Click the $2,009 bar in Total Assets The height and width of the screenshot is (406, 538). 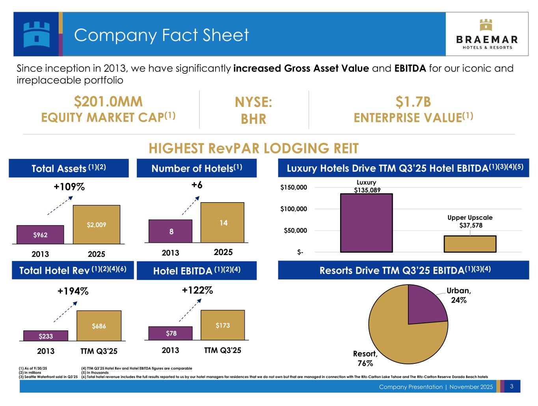97,224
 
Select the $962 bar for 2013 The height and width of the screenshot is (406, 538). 40,235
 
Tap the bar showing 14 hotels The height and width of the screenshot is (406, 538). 222,222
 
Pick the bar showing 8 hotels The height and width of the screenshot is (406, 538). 170,231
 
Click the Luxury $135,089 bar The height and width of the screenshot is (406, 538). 366,223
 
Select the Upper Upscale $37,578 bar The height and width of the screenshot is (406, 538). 470,244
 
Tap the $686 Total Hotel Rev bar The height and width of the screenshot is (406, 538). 99,326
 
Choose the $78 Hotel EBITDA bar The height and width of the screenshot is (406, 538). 170,333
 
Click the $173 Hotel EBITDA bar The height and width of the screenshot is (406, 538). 223,325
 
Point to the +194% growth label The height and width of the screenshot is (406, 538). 73,291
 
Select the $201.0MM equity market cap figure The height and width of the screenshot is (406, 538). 108,102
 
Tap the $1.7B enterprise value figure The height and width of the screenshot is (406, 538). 413,102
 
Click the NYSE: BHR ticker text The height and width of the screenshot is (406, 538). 253,110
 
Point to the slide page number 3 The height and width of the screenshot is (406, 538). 511,386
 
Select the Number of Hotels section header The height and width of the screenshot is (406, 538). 197,168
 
